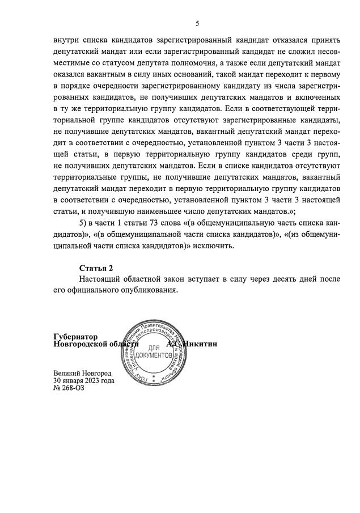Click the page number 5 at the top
point(197,23)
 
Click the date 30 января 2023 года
point(83,381)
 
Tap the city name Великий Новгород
point(82,374)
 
